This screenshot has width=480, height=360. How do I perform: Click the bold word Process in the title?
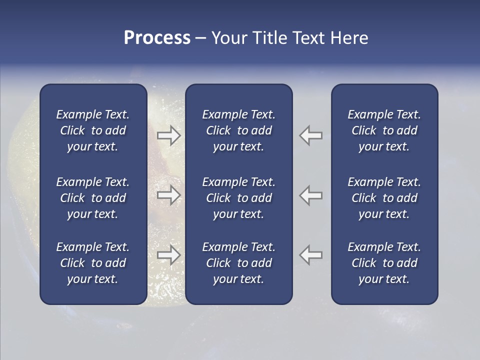click(157, 38)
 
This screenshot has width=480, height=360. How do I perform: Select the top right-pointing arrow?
click(168, 135)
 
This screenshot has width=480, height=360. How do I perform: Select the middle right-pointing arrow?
click(168, 195)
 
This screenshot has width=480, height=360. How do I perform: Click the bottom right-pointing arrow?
click(168, 255)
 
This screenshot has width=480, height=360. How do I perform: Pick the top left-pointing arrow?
click(311, 135)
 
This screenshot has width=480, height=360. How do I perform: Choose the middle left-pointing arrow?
click(311, 195)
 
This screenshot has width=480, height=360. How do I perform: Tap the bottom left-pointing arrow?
click(311, 255)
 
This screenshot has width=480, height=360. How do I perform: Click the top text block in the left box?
click(93, 130)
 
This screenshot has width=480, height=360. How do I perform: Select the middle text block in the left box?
click(93, 198)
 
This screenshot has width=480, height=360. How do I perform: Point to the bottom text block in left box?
click(93, 263)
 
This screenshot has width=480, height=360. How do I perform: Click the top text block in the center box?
click(238, 130)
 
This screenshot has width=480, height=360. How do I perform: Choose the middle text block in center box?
click(238, 198)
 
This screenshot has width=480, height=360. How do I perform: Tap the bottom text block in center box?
click(238, 263)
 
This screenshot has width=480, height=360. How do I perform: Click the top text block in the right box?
click(384, 130)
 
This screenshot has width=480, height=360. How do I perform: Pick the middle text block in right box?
click(384, 198)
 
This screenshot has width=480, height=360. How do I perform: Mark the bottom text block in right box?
click(384, 263)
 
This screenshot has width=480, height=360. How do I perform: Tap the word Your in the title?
click(229, 38)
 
